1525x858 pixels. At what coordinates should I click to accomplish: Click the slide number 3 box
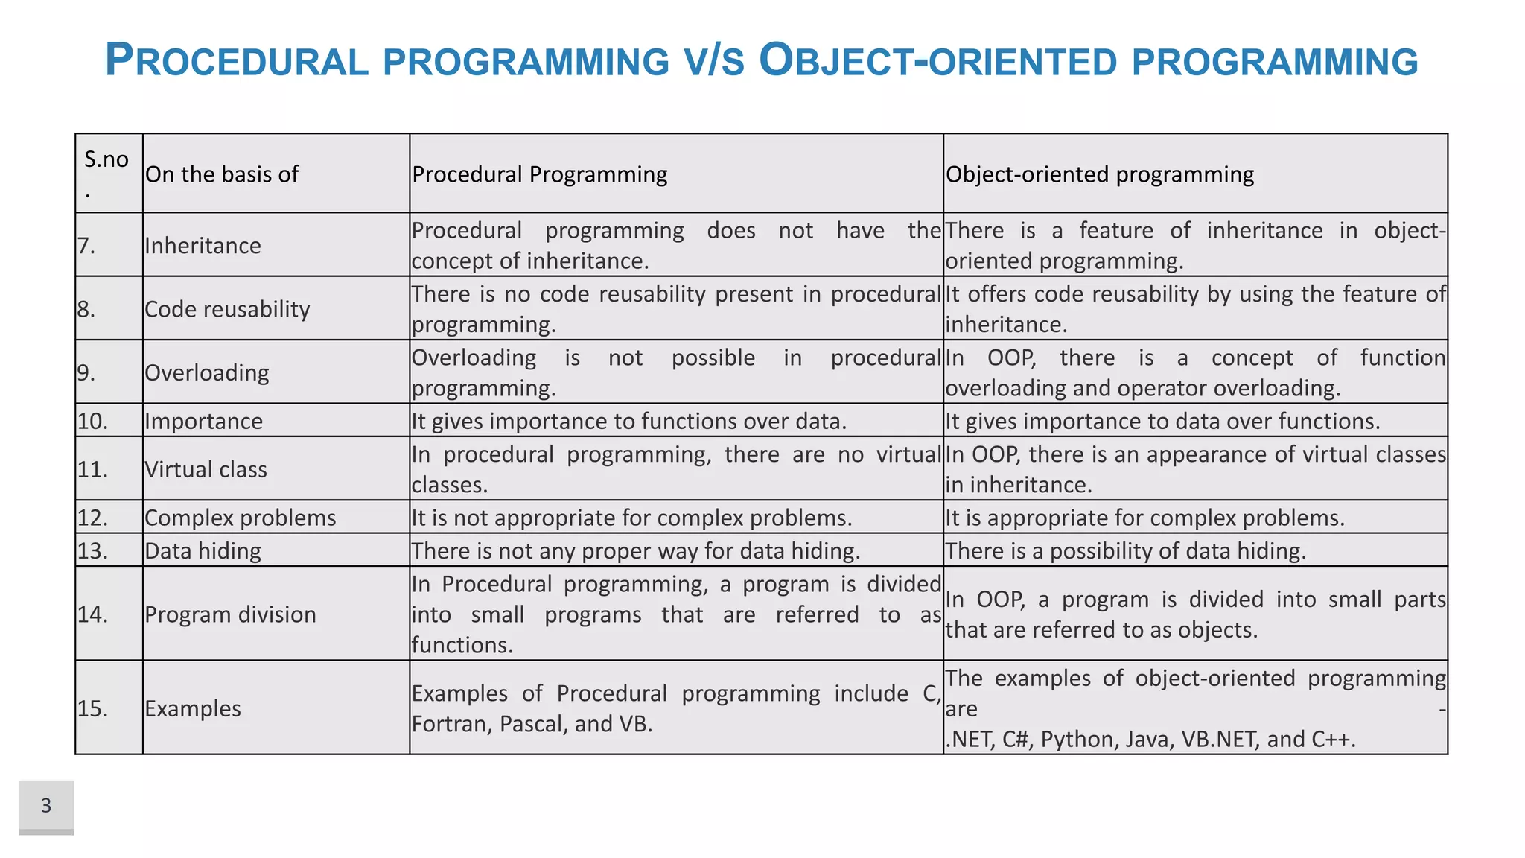(x=46, y=806)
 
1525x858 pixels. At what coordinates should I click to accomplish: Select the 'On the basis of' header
(x=222, y=174)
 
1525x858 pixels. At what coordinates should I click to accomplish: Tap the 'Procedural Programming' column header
(x=539, y=174)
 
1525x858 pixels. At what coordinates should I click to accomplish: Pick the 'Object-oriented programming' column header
(x=1099, y=174)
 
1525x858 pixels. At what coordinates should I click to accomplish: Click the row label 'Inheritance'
(x=203, y=246)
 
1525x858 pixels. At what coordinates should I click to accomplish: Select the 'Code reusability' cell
(x=227, y=309)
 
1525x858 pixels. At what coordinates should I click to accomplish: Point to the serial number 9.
(x=86, y=372)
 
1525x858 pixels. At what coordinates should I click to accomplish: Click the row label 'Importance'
(x=203, y=422)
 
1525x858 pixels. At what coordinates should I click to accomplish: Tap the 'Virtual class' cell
(x=206, y=470)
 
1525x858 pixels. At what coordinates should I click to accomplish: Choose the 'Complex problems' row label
(x=240, y=518)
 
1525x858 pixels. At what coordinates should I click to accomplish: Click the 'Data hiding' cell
(x=203, y=551)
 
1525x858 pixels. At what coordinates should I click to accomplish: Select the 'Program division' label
(x=230, y=614)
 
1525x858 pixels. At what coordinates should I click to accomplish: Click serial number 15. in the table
(x=92, y=708)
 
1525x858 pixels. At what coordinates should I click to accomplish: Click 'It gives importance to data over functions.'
(x=1162, y=422)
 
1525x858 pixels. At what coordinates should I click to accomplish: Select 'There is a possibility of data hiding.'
(x=1125, y=551)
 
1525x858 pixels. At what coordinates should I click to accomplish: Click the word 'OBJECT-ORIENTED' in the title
(x=938, y=61)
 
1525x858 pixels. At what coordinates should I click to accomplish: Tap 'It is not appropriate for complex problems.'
(x=631, y=518)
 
